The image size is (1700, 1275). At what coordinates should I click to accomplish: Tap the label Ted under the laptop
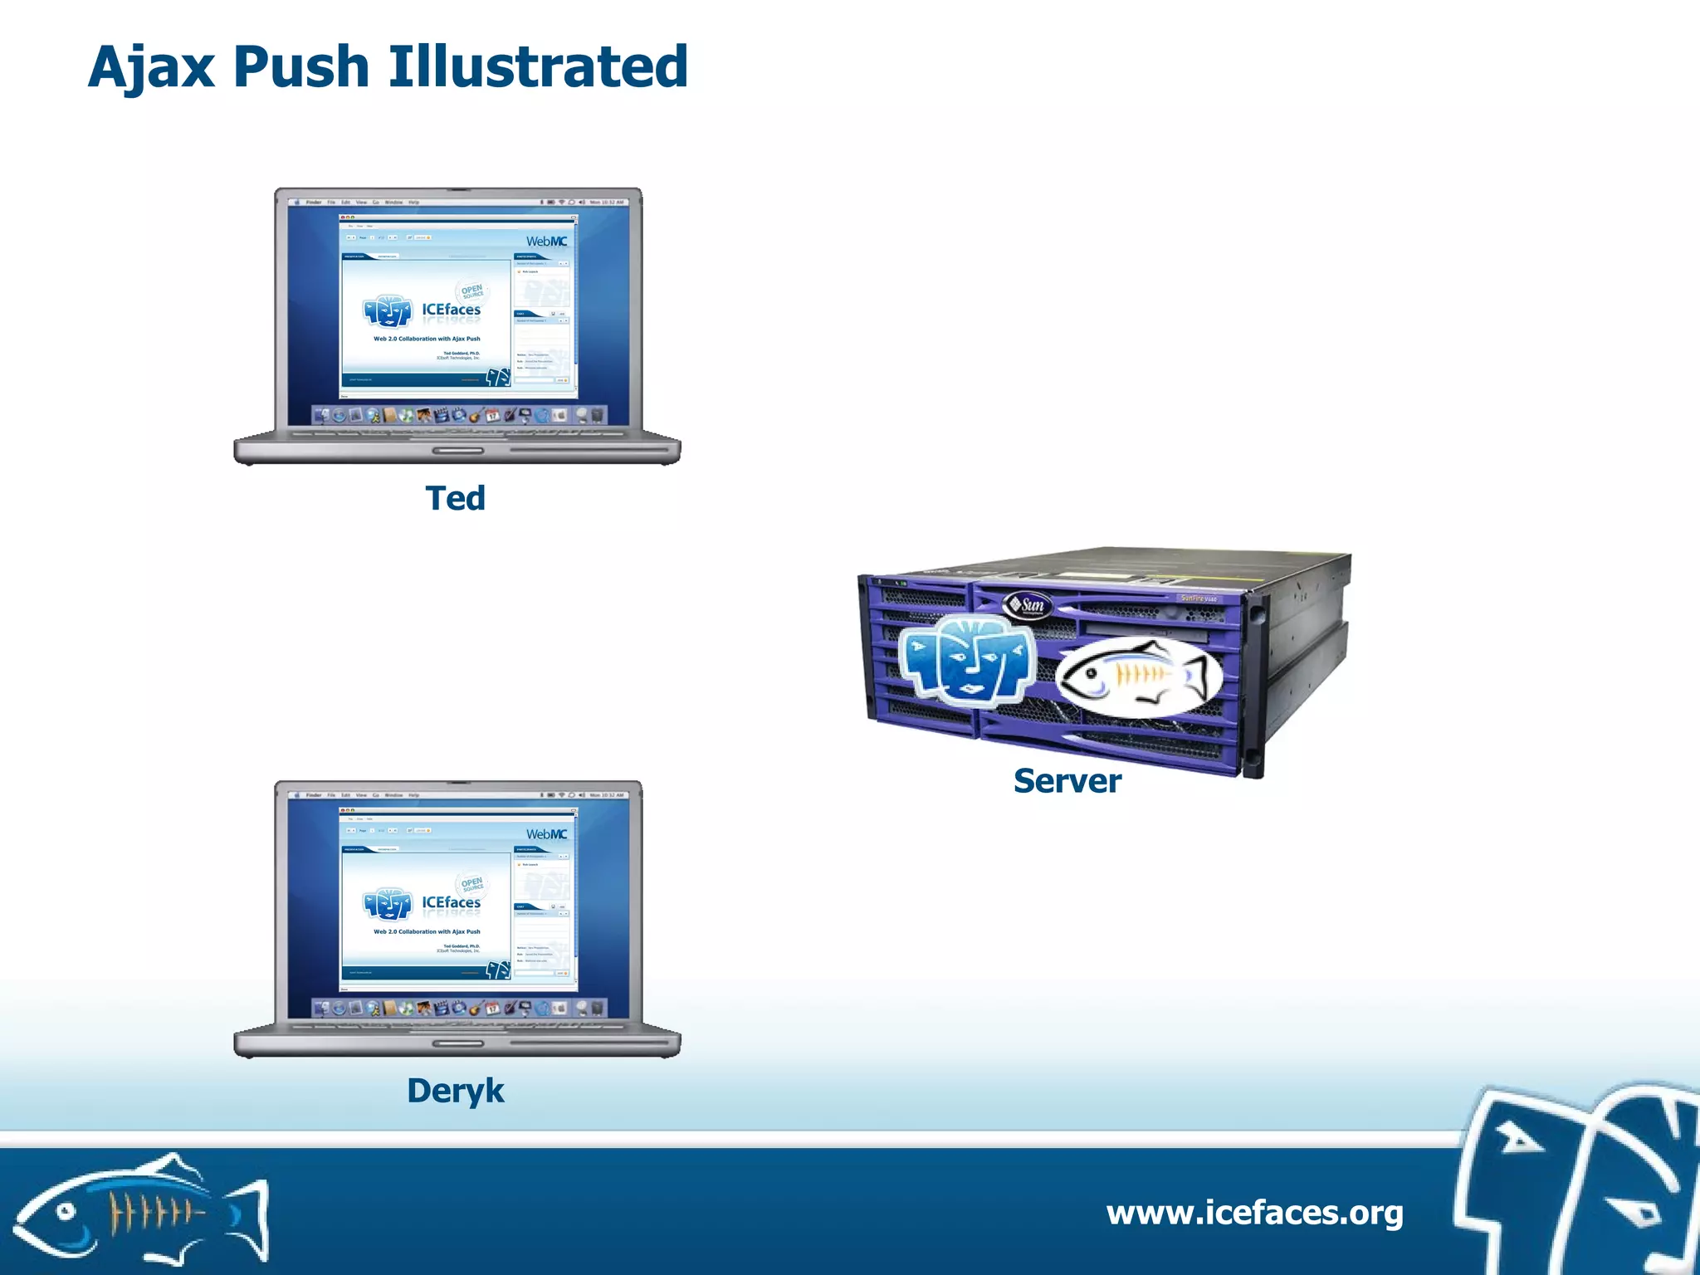coord(455,498)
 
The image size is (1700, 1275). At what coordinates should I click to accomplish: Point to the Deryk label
coord(455,1091)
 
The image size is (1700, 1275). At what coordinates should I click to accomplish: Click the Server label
coord(1067,781)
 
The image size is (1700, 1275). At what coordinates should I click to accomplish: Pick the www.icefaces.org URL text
coord(1254,1213)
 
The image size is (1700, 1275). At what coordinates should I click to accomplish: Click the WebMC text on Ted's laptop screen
coord(546,242)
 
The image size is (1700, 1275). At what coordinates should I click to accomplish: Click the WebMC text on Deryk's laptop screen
coord(546,834)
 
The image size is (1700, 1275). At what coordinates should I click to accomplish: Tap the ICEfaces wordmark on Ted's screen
coord(451,310)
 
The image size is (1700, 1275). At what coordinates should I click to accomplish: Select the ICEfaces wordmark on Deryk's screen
coord(451,902)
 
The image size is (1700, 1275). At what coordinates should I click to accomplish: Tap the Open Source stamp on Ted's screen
coord(471,291)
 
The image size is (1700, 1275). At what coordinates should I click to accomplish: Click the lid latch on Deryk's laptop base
coord(457,1043)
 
